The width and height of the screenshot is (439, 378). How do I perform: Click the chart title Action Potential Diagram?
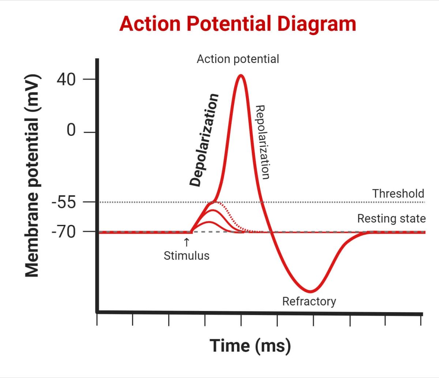coord(237,24)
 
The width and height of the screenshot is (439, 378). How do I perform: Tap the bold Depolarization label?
coord(204,140)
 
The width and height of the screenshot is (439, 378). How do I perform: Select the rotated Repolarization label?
coord(262,142)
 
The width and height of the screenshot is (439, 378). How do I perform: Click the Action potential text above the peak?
coord(237,59)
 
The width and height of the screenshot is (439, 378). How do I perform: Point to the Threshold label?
coord(398,193)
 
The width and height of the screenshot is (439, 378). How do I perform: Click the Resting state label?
coord(391,219)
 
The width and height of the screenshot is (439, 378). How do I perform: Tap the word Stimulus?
coord(187,255)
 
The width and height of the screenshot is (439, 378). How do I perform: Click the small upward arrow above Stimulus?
coord(187,242)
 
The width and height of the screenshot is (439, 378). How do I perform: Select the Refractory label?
coord(309,301)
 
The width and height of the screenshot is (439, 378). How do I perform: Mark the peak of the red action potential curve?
coord(240,75)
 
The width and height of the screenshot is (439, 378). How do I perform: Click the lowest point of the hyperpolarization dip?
coord(310,292)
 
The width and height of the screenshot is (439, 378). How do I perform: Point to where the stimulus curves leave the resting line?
coord(191,232)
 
